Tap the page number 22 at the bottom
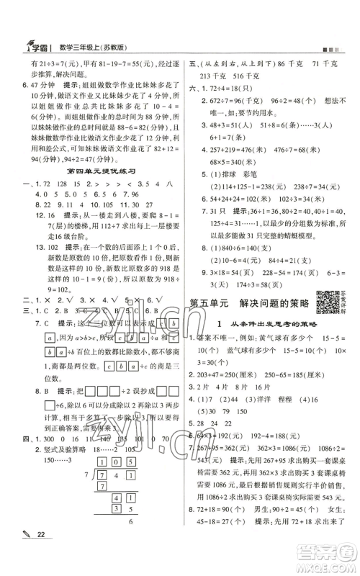click(28, 552)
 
